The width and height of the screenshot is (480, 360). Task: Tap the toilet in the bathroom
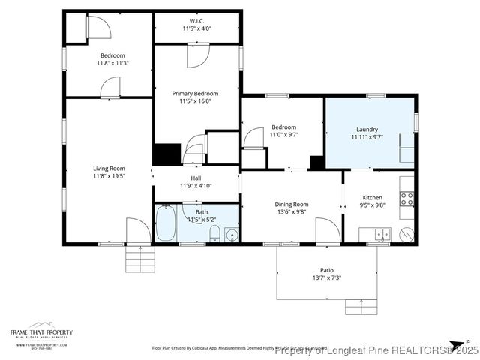(214, 233)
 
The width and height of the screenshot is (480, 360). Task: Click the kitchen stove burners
(407, 199)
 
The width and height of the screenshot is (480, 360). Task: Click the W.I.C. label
(197, 21)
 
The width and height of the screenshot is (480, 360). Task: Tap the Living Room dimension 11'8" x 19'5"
(109, 177)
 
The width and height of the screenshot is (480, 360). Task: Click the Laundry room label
(367, 129)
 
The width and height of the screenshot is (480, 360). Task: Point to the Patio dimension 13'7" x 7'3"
(327, 277)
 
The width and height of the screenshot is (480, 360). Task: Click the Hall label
(196, 178)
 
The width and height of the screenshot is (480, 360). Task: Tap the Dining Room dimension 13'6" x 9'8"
(291, 212)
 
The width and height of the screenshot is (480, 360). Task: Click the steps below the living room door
(139, 259)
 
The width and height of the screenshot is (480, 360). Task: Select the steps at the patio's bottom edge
(359, 306)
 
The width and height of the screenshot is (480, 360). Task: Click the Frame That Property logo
(41, 334)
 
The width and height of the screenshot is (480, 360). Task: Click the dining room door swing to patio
(326, 230)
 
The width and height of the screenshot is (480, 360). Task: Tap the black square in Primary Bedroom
(166, 154)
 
